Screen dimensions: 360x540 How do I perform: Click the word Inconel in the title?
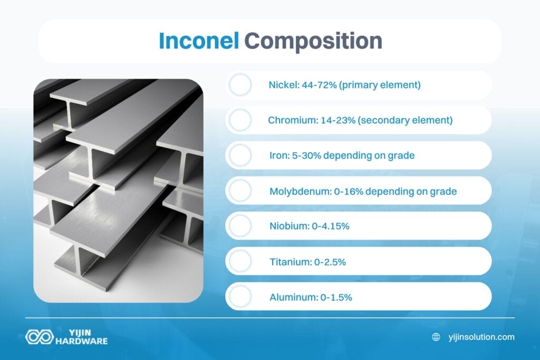point(198,41)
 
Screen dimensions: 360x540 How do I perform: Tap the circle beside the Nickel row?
point(240,85)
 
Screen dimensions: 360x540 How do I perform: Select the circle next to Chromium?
point(240,120)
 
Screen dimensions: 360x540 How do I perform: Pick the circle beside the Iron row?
point(240,155)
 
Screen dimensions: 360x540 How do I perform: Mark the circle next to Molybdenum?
point(240,191)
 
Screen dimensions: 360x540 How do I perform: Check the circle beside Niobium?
point(240,226)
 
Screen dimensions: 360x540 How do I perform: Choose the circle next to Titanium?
point(240,261)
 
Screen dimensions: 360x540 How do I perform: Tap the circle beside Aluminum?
point(240,297)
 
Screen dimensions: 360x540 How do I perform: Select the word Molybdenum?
point(299,191)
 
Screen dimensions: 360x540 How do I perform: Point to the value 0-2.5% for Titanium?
point(326,261)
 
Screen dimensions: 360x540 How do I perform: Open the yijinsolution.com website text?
point(480,337)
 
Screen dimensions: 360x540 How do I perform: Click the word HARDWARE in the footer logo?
point(82,341)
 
